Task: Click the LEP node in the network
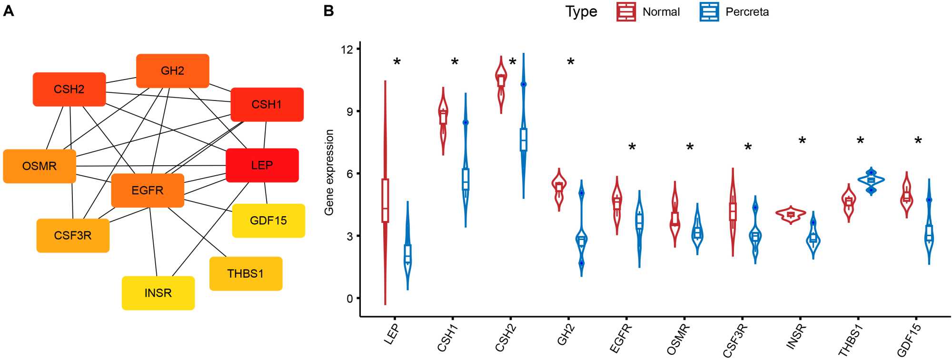click(x=262, y=165)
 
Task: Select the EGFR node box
click(x=148, y=190)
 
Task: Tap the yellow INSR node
click(x=158, y=293)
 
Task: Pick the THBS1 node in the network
click(x=246, y=273)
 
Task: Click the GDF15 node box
click(x=268, y=220)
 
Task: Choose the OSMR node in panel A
click(x=40, y=166)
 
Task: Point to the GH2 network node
click(x=172, y=71)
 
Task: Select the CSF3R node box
click(x=73, y=235)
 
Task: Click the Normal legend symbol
click(x=626, y=12)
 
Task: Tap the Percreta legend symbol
click(x=709, y=12)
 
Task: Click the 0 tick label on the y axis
click(x=350, y=299)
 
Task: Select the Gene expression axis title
click(x=329, y=172)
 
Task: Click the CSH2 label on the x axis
click(x=505, y=338)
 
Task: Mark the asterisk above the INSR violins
click(x=802, y=140)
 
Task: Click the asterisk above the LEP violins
click(x=397, y=62)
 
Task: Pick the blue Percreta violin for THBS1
click(x=871, y=180)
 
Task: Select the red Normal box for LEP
click(x=385, y=200)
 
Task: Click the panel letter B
click(x=328, y=11)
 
